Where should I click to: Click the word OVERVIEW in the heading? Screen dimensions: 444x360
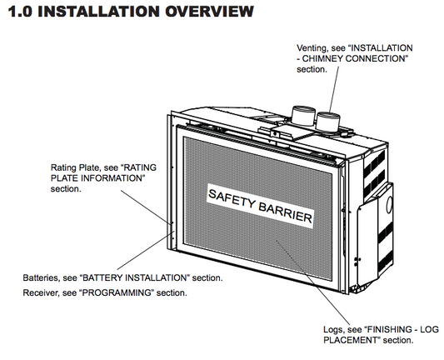click(209, 12)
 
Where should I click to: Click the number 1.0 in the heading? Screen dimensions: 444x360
click(20, 12)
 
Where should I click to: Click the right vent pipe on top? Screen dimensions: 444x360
click(327, 121)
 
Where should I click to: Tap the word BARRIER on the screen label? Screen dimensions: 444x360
click(286, 212)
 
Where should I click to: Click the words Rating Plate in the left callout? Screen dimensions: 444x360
click(75, 167)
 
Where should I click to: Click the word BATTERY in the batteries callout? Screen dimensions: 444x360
click(102, 277)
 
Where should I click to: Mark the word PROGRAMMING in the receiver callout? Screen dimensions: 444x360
click(117, 292)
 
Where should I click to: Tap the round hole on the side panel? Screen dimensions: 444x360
click(390, 204)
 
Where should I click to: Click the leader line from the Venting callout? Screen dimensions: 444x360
click(334, 89)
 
